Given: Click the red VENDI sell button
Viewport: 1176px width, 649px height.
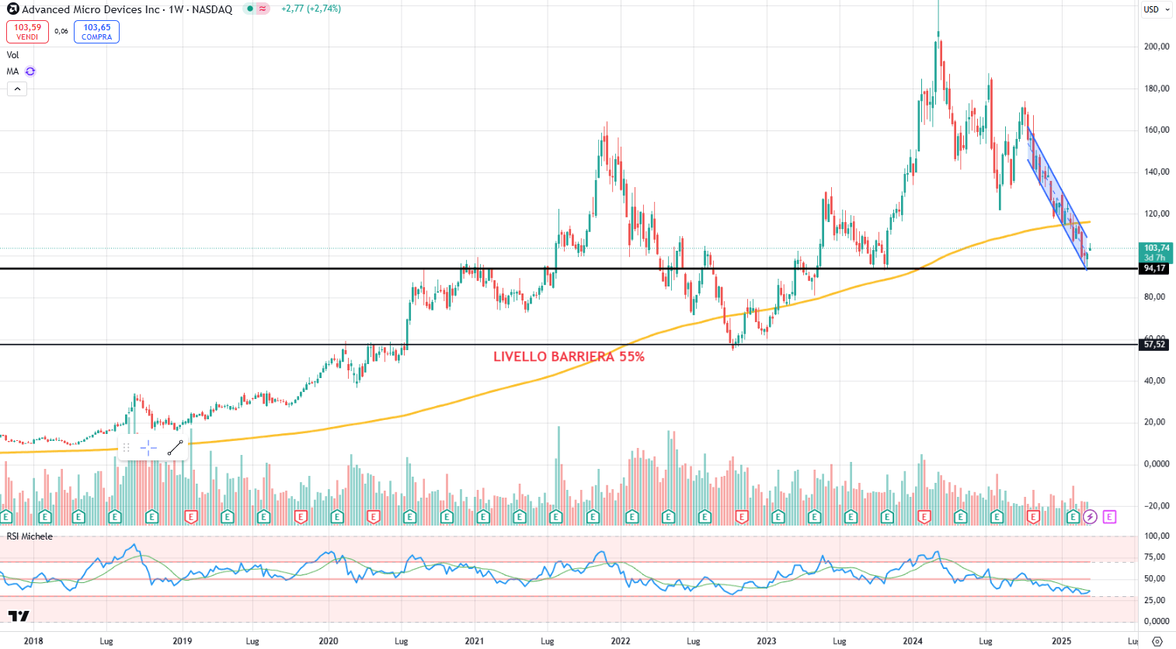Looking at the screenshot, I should (27, 32).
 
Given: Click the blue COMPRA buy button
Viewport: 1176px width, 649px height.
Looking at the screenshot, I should (96, 32).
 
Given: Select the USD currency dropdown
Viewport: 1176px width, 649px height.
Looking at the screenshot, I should (1156, 9).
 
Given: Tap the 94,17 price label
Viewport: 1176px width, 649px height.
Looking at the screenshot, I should (1154, 269).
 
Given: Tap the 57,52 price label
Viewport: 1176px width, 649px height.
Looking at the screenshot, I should (1154, 345).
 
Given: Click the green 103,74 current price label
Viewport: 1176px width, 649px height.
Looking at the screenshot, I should (1156, 248).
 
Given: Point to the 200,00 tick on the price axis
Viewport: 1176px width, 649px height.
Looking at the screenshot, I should (1157, 47).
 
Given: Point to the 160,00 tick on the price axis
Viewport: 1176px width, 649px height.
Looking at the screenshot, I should (1157, 130).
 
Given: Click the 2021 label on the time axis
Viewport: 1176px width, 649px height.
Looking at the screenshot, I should (474, 641).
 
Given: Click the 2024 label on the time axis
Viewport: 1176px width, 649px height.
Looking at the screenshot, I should (912, 641).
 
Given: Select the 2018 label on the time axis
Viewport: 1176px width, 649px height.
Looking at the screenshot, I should (33, 641).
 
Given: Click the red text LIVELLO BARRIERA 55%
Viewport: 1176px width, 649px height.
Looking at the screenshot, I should (569, 357).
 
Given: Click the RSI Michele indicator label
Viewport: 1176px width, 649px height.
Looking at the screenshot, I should (30, 536).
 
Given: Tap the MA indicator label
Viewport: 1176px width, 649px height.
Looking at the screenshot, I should (12, 71).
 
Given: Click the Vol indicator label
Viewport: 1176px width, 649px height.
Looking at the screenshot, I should (12, 55).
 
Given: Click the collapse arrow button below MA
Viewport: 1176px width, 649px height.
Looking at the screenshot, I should (16, 88).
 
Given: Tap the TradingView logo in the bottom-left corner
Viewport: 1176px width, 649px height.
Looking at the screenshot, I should (19, 616).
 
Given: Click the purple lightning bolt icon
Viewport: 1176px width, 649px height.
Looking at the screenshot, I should (1090, 517).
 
